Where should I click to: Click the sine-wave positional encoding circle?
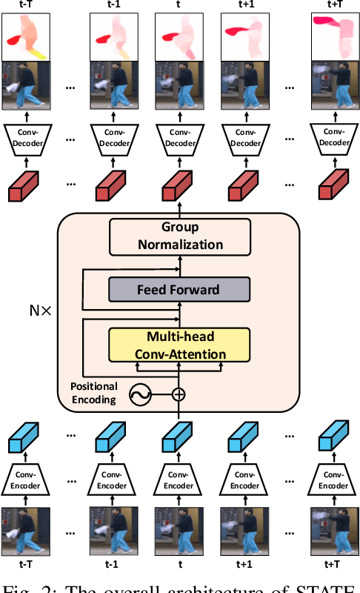[139, 394]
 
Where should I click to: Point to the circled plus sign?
[178, 394]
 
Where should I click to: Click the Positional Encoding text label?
[93, 393]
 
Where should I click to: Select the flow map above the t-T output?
[25, 39]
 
